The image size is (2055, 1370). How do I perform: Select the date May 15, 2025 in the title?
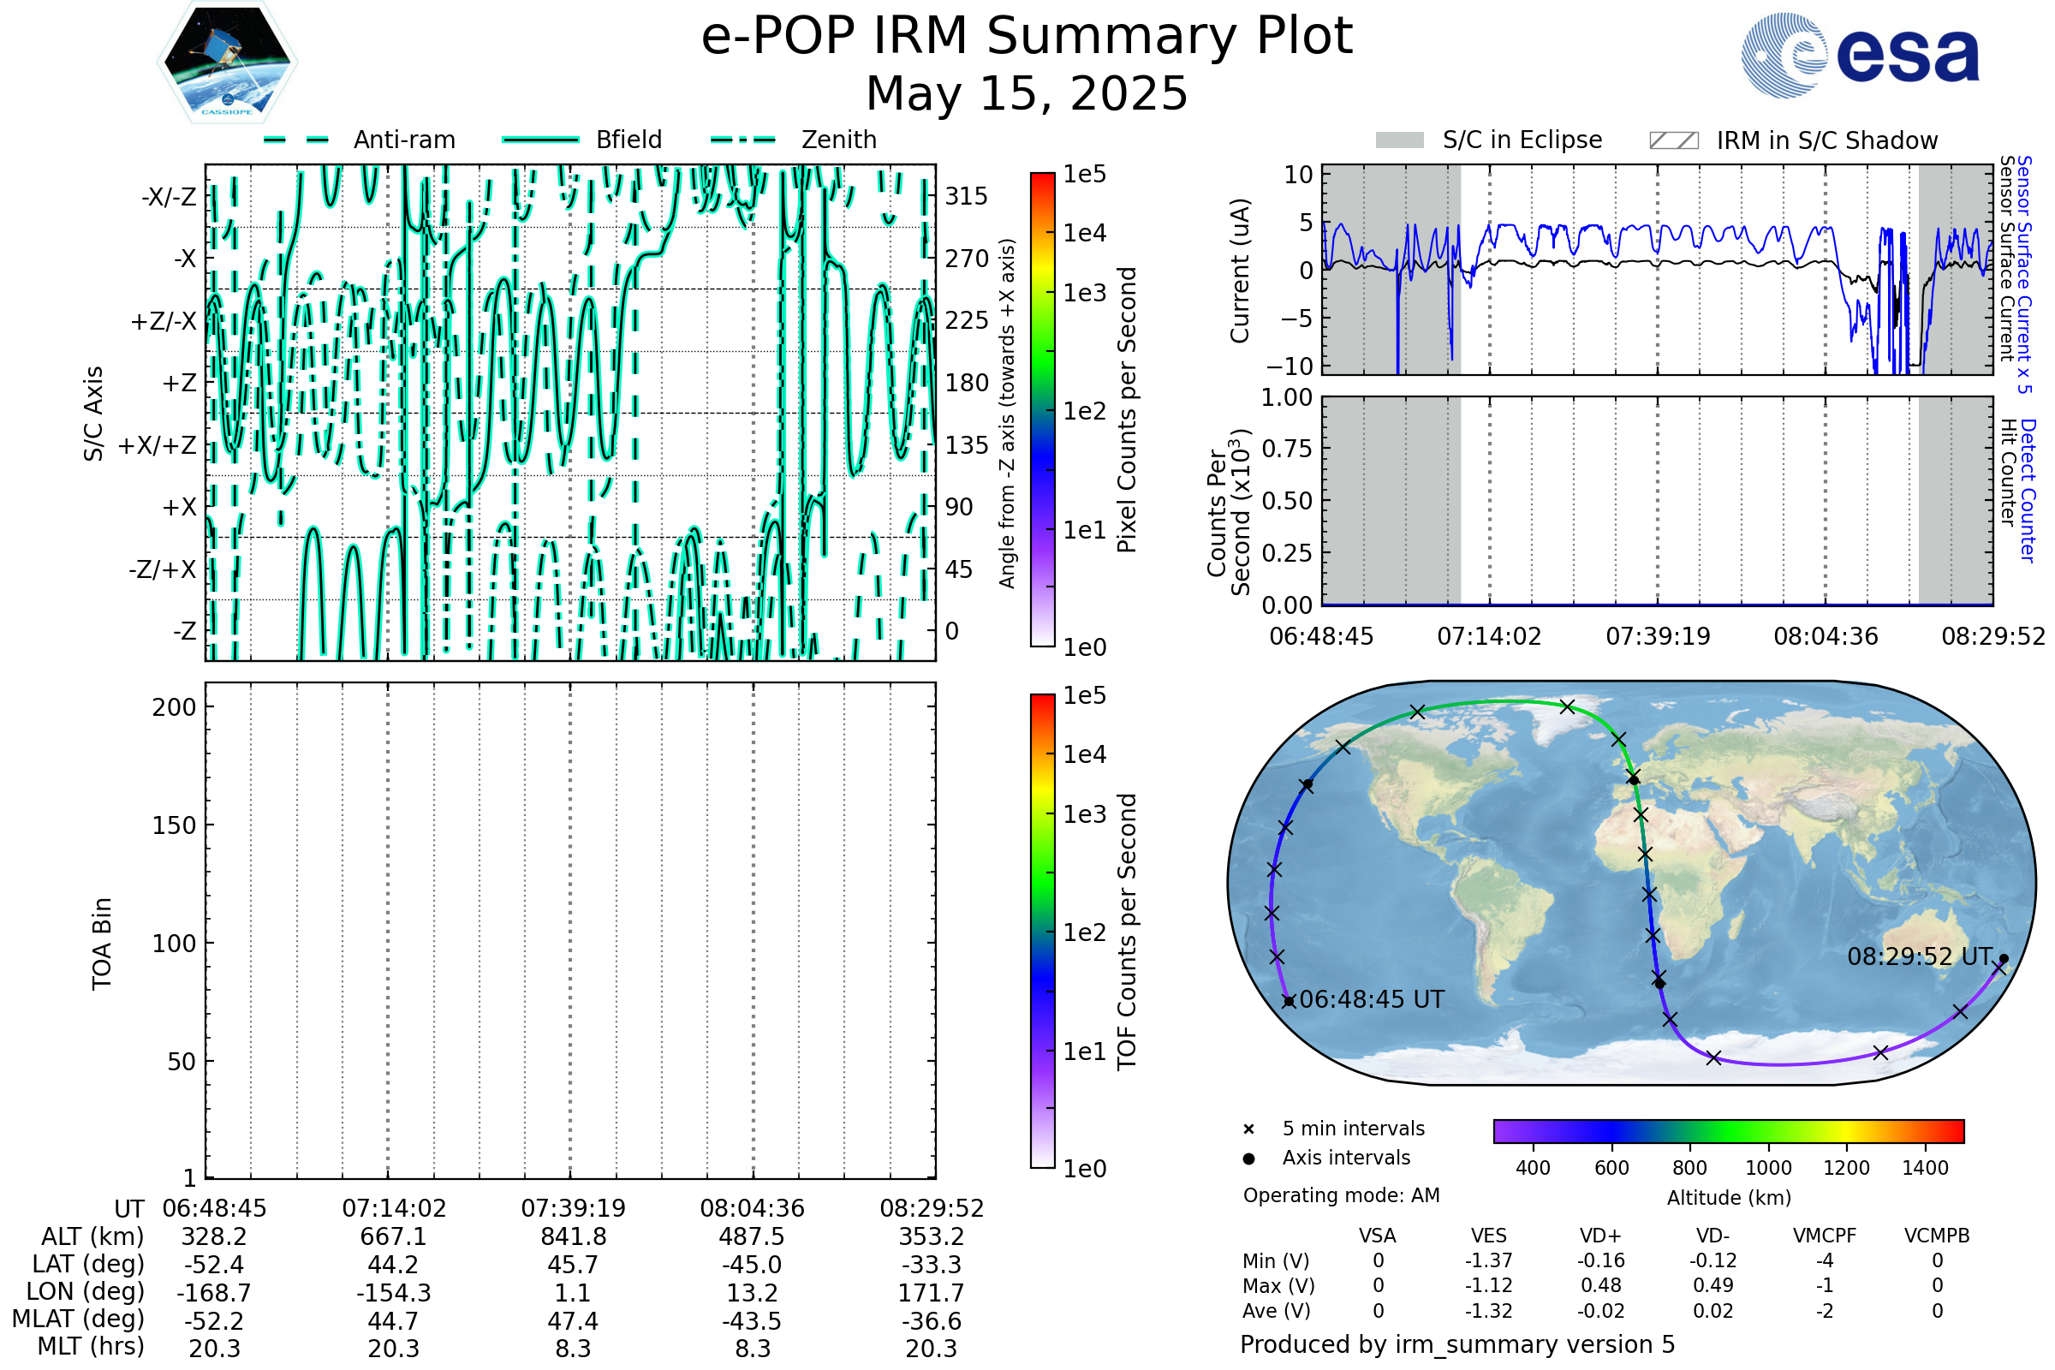[x=1027, y=93]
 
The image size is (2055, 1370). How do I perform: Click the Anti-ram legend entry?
[x=403, y=140]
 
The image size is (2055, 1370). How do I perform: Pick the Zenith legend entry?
[x=839, y=140]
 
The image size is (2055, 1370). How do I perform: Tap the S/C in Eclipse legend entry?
[x=1522, y=140]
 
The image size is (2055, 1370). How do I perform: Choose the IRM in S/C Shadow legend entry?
[x=1826, y=140]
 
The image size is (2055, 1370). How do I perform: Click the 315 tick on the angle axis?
[x=967, y=196]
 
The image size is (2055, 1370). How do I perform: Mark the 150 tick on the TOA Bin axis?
[x=174, y=825]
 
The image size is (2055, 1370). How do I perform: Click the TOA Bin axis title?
[x=102, y=944]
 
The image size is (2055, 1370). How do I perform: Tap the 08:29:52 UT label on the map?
[x=1920, y=956]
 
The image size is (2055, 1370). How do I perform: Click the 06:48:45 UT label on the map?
[x=1372, y=999]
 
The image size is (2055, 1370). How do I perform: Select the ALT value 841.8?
[x=573, y=1237]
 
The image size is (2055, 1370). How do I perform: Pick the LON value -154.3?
[x=393, y=1292]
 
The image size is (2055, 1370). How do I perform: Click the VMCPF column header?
[x=1825, y=1236]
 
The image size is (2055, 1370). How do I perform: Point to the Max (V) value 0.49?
[x=1712, y=1286]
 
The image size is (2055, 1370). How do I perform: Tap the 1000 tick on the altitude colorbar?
[x=1767, y=1168]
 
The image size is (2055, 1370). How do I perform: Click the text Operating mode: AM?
[x=1341, y=1195]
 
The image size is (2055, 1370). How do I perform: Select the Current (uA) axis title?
[x=1241, y=271]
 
